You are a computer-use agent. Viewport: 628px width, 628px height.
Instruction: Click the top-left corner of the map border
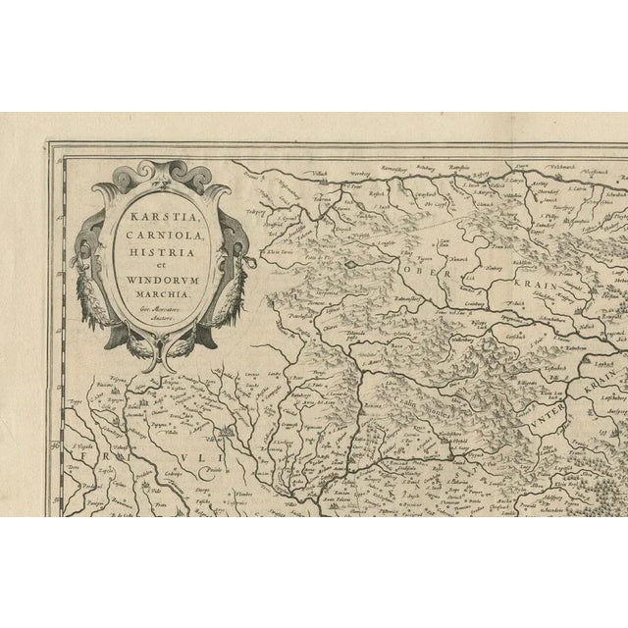click(x=49, y=145)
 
